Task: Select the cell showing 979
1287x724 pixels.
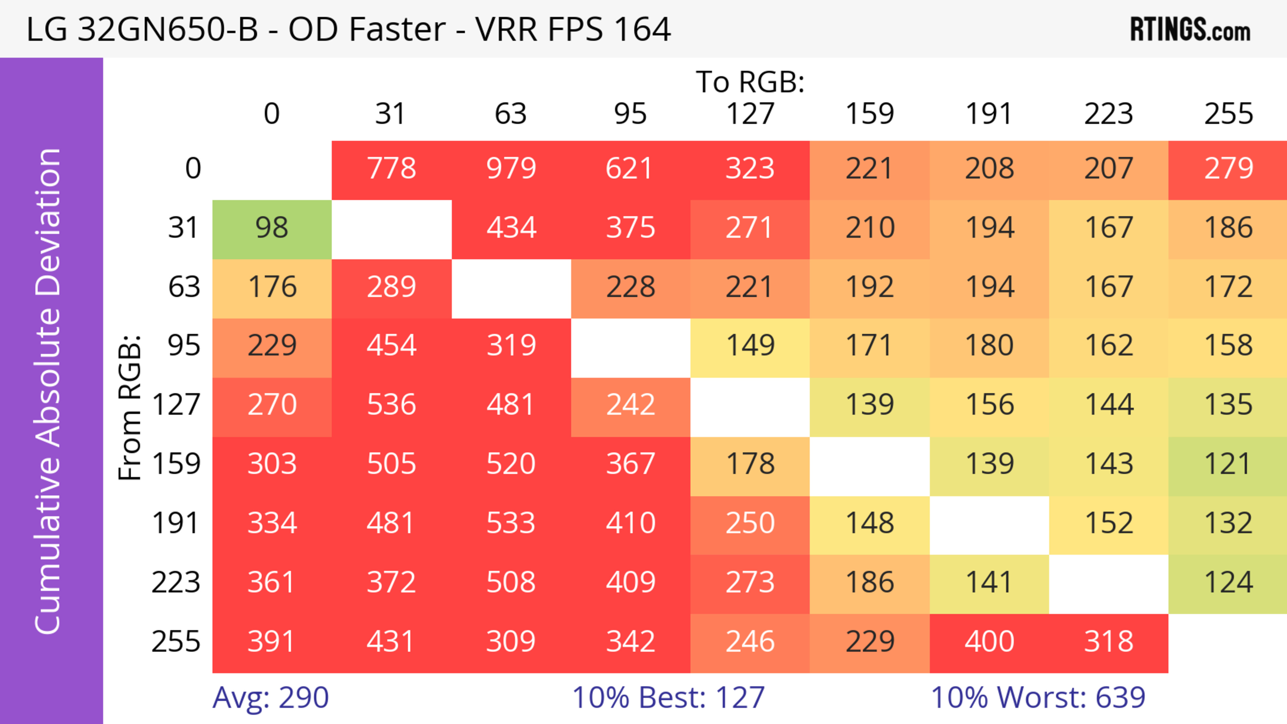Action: tap(511, 168)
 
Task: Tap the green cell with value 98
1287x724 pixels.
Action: tap(272, 228)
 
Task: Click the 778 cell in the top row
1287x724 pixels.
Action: tap(392, 168)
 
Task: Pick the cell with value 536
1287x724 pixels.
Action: tap(392, 404)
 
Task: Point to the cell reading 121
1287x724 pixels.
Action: tap(1228, 464)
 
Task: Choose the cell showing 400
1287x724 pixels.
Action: tap(989, 641)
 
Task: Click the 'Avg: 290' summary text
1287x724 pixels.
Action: tap(270, 698)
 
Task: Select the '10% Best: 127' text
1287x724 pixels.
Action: tap(668, 698)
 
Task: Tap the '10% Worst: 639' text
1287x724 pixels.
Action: tap(1038, 698)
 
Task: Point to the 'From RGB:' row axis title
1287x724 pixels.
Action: tap(130, 407)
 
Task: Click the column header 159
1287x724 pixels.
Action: tap(869, 114)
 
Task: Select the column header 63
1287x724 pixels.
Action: tap(510, 114)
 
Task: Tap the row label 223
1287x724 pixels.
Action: tap(176, 582)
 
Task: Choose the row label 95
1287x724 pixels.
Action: tap(184, 345)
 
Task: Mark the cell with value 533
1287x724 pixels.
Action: tap(511, 523)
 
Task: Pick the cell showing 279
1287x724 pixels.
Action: tap(1228, 168)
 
